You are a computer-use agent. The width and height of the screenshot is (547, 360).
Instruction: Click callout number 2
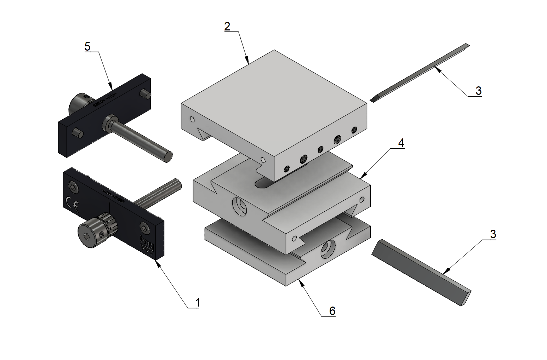227,27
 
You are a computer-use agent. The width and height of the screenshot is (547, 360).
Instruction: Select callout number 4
401,143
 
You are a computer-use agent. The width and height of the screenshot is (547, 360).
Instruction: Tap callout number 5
87,47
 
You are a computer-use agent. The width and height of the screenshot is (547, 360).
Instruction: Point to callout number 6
332,311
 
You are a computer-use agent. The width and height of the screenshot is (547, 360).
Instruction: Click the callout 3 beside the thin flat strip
478,91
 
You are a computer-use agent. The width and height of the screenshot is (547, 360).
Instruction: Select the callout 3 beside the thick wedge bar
493,234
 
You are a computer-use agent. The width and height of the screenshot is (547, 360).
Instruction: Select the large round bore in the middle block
240,206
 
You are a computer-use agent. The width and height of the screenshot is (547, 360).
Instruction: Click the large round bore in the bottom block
328,249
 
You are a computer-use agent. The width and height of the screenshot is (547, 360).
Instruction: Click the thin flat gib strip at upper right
421,73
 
